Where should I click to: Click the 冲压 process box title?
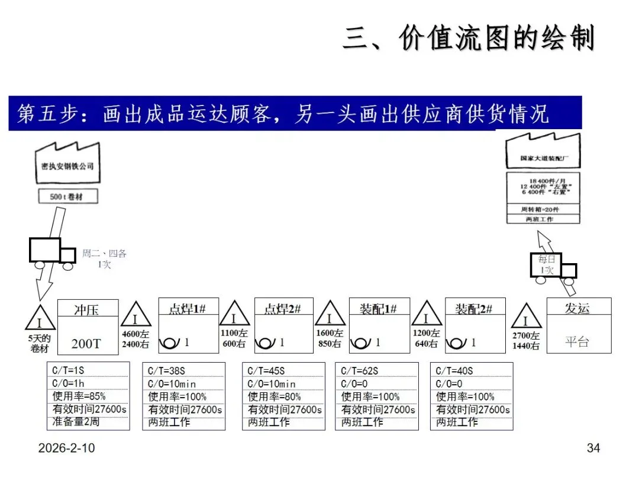(x=86, y=309)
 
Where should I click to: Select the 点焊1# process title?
(x=188, y=308)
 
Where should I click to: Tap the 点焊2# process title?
(x=282, y=308)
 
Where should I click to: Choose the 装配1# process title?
(x=378, y=308)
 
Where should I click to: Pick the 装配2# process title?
(x=474, y=308)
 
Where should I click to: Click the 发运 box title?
(x=577, y=308)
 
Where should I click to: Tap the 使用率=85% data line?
(x=79, y=396)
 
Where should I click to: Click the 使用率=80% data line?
(x=275, y=396)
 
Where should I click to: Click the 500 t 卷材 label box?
(x=67, y=196)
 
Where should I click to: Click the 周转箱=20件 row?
(x=543, y=209)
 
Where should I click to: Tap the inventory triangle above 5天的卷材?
(x=40, y=321)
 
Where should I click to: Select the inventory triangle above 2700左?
(x=525, y=318)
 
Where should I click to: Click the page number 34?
(x=593, y=448)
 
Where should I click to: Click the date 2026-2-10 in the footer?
(x=66, y=448)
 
